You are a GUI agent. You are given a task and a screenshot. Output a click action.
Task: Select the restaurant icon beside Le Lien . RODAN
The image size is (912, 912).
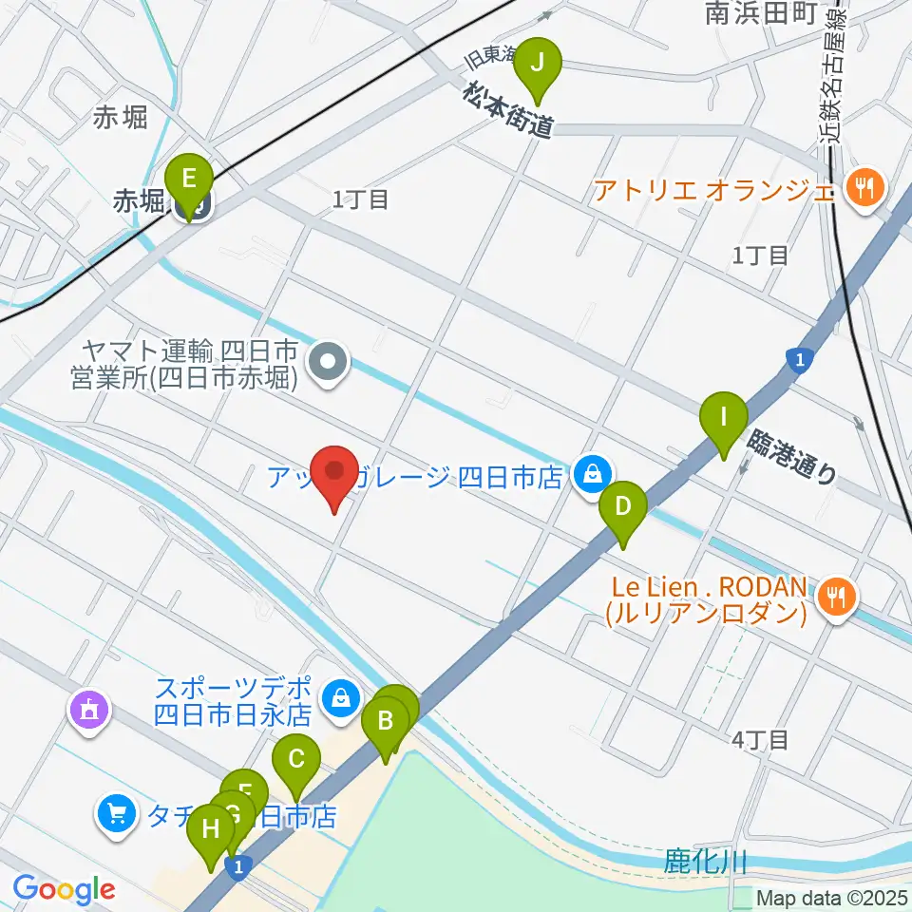[835, 596]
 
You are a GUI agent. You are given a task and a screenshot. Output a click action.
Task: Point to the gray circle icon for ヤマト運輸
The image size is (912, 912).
[329, 361]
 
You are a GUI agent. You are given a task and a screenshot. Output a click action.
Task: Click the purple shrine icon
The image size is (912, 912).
[90, 709]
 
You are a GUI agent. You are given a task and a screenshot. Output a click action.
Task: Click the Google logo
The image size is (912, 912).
[64, 889]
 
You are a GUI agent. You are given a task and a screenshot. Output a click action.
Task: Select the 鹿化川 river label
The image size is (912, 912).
[705, 863]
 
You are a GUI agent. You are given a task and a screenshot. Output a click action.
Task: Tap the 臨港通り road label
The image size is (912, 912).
[794, 457]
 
